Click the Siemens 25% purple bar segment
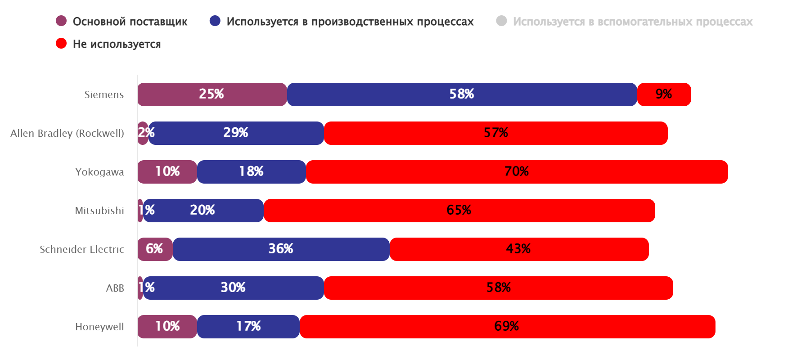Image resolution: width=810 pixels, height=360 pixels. [x=212, y=94]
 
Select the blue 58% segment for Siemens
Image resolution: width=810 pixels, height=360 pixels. [x=462, y=94]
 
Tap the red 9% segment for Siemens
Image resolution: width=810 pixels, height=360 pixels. [x=664, y=94]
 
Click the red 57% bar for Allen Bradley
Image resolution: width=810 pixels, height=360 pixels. [x=495, y=133]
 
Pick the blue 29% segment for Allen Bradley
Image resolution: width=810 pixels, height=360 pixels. [x=236, y=133]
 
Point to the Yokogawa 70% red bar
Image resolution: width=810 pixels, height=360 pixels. [x=517, y=172]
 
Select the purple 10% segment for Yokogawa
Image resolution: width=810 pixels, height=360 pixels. [x=167, y=172]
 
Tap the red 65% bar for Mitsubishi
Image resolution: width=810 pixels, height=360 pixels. [x=459, y=211]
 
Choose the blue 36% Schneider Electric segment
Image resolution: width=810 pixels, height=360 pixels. [x=281, y=249]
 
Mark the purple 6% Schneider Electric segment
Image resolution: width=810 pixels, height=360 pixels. [x=155, y=249]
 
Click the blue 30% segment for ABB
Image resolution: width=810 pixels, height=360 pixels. [x=234, y=288]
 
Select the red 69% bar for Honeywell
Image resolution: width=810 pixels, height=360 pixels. [x=507, y=327]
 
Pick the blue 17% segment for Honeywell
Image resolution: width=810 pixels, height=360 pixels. [x=248, y=327]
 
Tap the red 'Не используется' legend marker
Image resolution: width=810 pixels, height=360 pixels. [x=61, y=44]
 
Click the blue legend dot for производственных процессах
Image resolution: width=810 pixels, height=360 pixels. [x=215, y=21]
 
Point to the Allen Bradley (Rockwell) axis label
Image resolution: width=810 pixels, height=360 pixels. [x=67, y=133]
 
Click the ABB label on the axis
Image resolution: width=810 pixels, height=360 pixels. [x=115, y=288]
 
